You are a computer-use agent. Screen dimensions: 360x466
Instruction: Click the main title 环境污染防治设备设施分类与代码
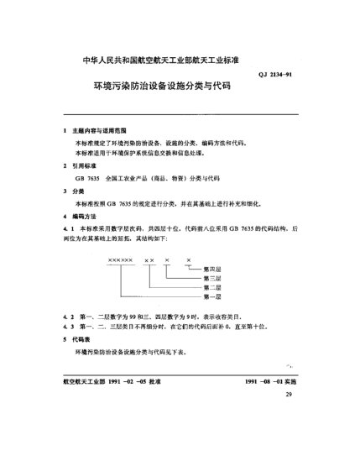[x=161, y=86]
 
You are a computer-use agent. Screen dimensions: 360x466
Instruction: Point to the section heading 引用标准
[x=87, y=166]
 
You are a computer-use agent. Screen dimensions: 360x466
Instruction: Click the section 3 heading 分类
[x=80, y=191]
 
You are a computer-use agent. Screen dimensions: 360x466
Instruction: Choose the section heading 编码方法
[x=87, y=216]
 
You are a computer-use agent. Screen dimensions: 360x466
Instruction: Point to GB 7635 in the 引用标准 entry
[x=87, y=179]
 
